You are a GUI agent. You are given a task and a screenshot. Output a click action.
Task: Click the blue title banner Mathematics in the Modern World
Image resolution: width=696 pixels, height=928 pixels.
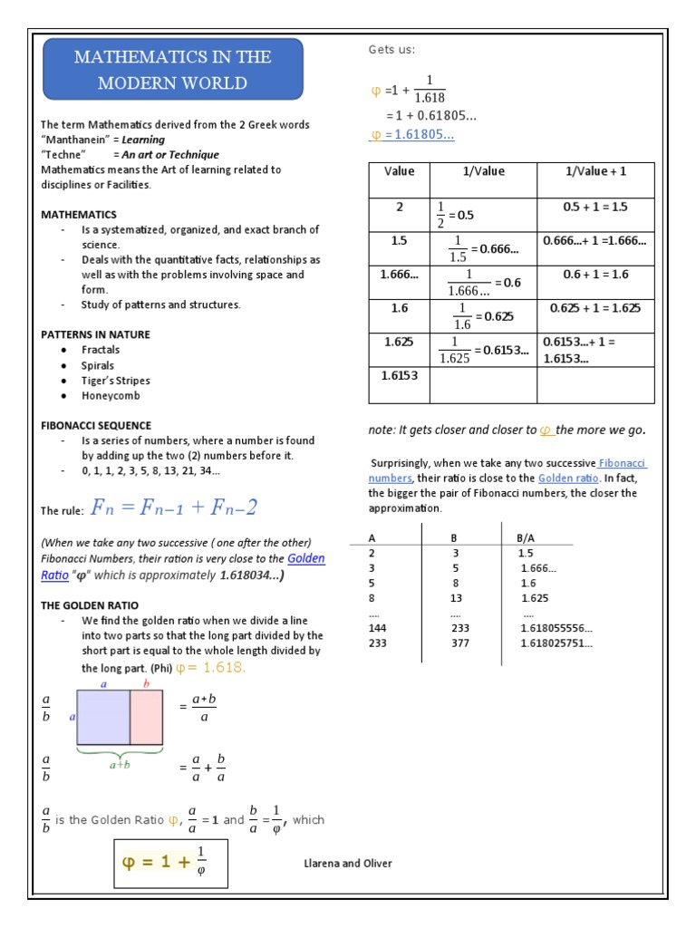point(172,70)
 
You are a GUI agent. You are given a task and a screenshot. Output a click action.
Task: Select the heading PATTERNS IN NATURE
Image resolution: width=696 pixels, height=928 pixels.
point(95,334)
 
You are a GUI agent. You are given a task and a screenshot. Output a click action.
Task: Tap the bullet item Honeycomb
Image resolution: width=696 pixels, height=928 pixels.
point(111,396)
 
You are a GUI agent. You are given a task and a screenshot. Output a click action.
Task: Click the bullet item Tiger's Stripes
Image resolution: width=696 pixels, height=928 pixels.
point(115,381)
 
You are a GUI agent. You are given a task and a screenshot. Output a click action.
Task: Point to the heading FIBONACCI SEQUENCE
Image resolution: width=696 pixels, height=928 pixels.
point(96,425)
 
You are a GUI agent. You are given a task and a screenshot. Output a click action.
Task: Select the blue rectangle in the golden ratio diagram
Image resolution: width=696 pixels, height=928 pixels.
point(103,717)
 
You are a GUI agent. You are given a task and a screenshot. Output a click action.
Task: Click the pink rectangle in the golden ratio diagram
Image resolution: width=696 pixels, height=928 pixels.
point(147,717)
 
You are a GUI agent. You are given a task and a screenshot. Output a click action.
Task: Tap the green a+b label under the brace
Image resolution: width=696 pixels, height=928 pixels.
point(120,765)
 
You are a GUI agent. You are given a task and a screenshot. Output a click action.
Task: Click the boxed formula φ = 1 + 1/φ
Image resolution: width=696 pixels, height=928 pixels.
point(169,864)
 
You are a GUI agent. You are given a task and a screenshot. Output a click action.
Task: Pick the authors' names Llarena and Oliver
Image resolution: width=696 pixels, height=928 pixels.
point(348,864)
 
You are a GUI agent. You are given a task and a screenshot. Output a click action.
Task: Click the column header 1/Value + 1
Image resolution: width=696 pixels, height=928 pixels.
point(595,171)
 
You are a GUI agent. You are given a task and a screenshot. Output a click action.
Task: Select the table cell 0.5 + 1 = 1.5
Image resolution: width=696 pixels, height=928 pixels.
point(595,207)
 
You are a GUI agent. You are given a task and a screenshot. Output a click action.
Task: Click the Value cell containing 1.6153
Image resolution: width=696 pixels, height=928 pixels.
point(399,375)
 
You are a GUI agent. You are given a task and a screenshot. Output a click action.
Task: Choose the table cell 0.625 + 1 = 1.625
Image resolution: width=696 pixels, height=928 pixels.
point(595,308)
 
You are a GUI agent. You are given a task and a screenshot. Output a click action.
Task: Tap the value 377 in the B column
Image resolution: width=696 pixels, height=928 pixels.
point(460,643)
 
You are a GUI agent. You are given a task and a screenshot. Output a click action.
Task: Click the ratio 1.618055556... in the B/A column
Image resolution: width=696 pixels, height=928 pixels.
point(556,628)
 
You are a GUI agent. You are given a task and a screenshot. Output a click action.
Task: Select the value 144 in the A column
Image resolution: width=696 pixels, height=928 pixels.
point(378,628)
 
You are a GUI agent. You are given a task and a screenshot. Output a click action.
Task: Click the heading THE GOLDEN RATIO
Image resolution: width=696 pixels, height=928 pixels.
point(90,604)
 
